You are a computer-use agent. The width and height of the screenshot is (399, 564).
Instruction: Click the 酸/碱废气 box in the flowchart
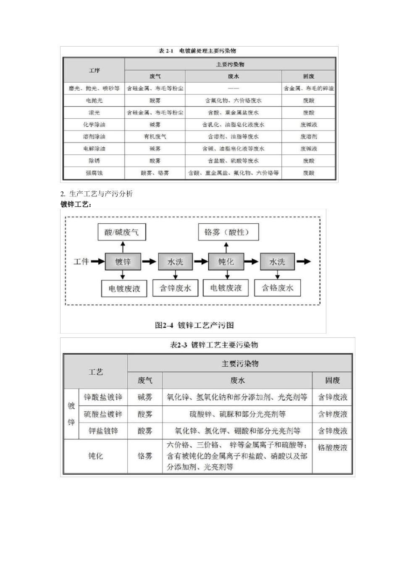(x=121, y=232)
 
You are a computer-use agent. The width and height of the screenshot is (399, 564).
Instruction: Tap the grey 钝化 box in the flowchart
(x=226, y=261)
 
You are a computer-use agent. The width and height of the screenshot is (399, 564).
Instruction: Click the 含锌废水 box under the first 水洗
(x=175, y=288)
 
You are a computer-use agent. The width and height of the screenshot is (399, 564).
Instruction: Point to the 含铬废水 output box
(x=278, y=288)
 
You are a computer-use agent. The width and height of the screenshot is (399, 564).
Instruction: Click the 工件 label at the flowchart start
(x=81, y=261)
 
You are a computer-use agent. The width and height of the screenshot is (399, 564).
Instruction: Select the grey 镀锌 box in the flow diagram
(x=123, y=261)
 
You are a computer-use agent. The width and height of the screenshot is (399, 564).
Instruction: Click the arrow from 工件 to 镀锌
(x=97, y=261)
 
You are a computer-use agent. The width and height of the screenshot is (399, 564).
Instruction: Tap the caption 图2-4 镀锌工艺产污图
(x=194, y=325)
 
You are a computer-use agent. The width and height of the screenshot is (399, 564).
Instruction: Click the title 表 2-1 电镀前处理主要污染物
(x=197, y=51)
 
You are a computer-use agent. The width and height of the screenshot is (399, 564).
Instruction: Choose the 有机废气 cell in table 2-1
(x=155, y=136)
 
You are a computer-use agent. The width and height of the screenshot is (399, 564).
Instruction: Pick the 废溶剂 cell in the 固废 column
(x=309, y=136)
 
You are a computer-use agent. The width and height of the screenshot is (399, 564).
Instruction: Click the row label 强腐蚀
(x=94, y=172)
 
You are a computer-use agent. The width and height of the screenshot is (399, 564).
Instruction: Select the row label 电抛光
(x=94, y=100)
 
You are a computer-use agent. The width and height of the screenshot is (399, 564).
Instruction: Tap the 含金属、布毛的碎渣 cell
(x=309, y=89)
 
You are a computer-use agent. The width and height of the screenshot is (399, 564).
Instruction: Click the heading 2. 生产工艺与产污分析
(x=97, y=193)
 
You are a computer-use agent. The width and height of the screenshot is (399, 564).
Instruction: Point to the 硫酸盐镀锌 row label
(x=103, y=414)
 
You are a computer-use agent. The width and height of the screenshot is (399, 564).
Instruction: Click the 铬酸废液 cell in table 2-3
(x=333, y=447)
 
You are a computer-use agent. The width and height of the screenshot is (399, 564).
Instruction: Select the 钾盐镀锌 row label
(x=103, y=431)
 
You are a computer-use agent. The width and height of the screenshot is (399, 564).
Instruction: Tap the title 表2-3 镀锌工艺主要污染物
(x=214, y=345)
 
